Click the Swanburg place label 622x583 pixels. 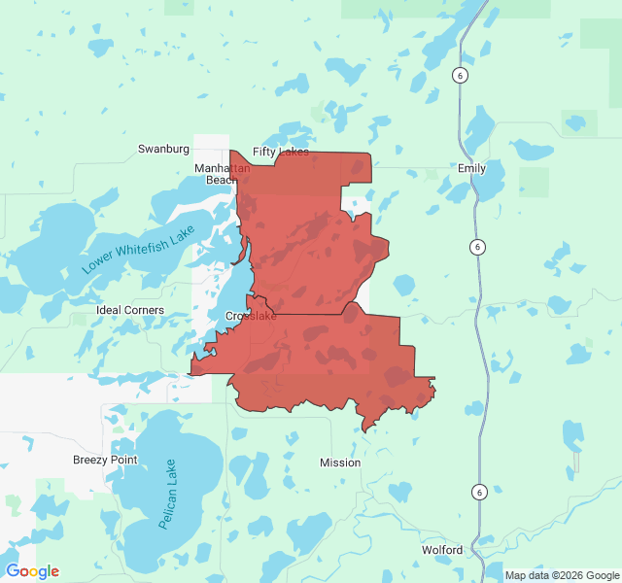(163, 149)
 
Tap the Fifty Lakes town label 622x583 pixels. (281, 153)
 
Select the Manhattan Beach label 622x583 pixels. (222, 174)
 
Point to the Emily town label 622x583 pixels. (471, 168)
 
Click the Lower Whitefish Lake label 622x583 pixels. (139, 250)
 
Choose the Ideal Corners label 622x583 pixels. (130, 310)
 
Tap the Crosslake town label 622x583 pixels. (251, 317)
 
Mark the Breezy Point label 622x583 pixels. (105, 460)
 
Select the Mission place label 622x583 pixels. (340, 463)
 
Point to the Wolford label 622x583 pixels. (442, 550)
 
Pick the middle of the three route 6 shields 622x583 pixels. (477, 247)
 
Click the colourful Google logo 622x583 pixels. (32, 571)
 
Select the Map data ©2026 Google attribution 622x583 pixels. (562, 575)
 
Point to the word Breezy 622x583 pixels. (91, 460)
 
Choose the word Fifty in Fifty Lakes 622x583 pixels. (265, 153)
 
